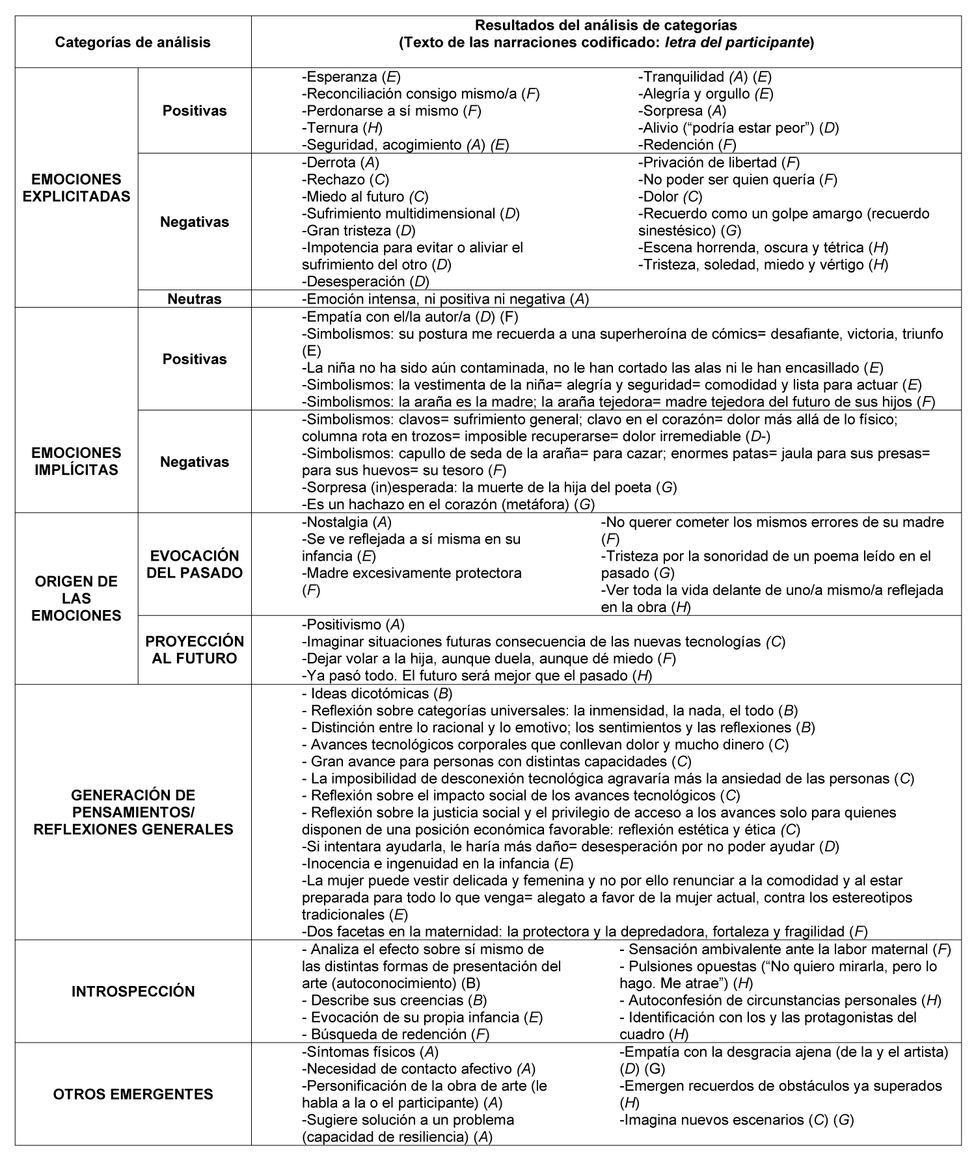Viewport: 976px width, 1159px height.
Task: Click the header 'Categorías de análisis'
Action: pyautogui.click(x=133, y=43)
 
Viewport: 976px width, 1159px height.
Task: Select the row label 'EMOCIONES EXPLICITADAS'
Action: pyautogui.click(x=76, y=188)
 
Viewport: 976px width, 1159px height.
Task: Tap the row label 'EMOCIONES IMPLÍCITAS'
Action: pyautogui.click(x=76, y=461)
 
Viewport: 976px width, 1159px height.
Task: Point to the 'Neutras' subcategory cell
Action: pyautogui.click(x=194, y=299)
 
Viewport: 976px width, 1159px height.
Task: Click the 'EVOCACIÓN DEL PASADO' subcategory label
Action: pyautogui.click(x=194, y=564)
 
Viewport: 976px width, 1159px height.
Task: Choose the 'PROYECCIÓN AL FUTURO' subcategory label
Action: pyautogui.click(x=194, y=650)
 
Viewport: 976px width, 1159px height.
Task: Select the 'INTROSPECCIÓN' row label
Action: pyautogui.click(x=133, y=991)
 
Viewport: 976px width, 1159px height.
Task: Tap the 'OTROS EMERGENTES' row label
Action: pyautogui.click(x=133, y=1094)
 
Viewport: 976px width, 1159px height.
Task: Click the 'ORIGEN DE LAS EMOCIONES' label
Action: pyautogui.click(x=76, y=598)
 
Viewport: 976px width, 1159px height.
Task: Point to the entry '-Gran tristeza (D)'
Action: pyautogui.click(x=359, y=230)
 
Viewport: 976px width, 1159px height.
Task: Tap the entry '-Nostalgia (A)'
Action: pyautogui.click(x=347, y=522)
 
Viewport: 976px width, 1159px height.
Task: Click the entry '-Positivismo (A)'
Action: pyautogui.click(x=353, y=624)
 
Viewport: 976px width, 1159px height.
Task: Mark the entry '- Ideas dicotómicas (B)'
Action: pyautogui.click(x=377, y=693)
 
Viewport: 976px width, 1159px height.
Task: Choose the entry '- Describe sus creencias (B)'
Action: pyautogui.click(x=394, y=1000)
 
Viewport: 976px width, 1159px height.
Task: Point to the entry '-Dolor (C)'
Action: pyautogui.click(x=670, y=196)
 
